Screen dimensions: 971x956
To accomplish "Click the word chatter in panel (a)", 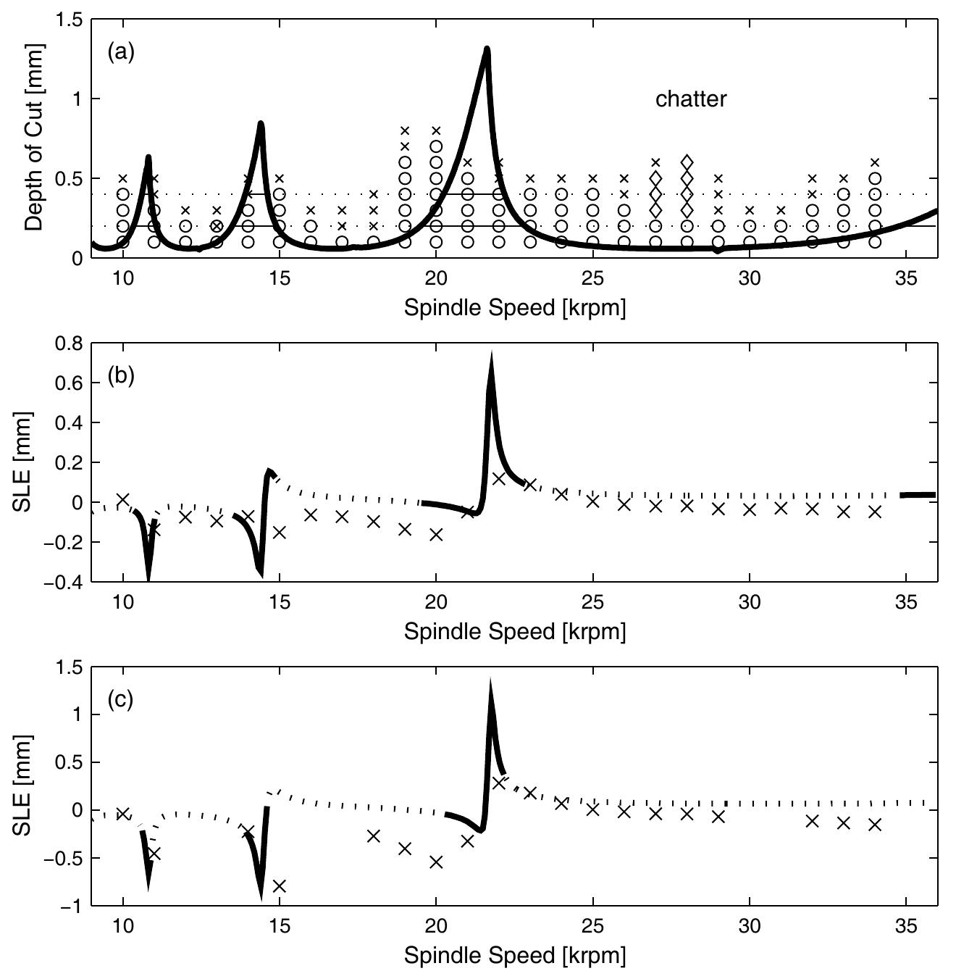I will click(690, 99).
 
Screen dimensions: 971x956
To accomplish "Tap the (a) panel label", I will click(121, 52).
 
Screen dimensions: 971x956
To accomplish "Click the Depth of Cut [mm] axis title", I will click(34, 138).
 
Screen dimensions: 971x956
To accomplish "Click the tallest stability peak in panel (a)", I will click(487, 50).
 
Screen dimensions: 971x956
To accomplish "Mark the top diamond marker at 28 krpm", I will click(687, 162).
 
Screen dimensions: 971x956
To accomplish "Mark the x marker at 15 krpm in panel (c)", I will click(280, 885).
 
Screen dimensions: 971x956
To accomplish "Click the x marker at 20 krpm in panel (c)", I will click(436, 862).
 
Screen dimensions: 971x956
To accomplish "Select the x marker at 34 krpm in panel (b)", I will click(874, 512).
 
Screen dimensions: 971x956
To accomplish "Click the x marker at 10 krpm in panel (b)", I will click(123, 499).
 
